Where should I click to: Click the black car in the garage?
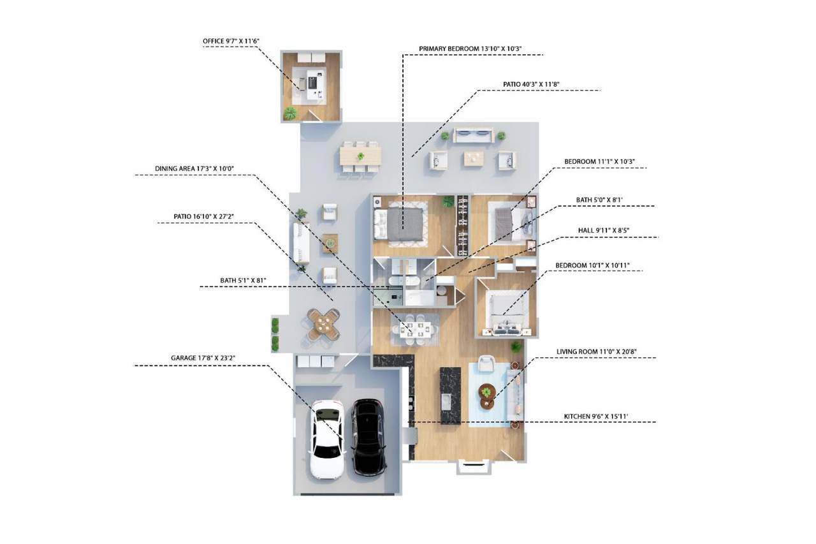[x=368, y=437]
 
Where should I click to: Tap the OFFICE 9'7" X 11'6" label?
[x=231, y=41]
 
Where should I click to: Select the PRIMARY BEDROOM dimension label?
[x=475, y=48]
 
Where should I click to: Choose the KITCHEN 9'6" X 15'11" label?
[x=596, y=416]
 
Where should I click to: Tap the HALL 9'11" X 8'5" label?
[x=593, y=230]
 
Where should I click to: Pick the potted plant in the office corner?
[x=291, y=114]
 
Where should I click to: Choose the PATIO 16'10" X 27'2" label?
[x=204, y=217]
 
